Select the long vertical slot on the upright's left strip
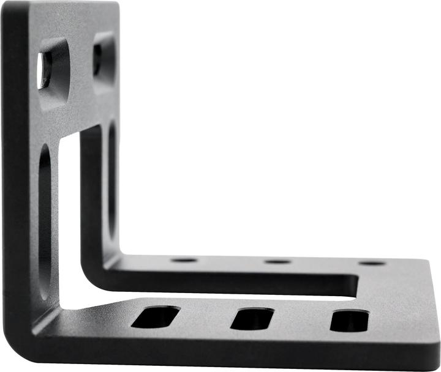pos(45,214)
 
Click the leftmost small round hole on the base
pos(184,260)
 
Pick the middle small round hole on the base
pos(277,262)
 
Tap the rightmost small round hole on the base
pos(372,263)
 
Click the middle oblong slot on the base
pos(252,319)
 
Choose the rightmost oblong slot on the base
pos(349,321)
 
